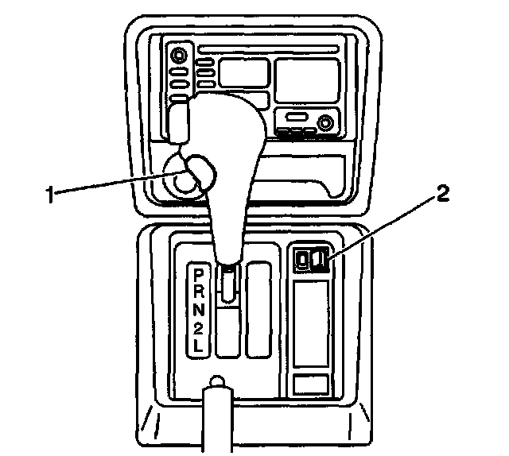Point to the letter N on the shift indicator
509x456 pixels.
click(x=197, y=308)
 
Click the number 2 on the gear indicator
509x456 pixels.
click(x=197, y=326)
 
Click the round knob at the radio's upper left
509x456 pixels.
click(x=179, y=56)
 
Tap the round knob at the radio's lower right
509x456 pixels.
click(x=324, y=123)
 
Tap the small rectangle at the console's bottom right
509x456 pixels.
click(x=311, y=384)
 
